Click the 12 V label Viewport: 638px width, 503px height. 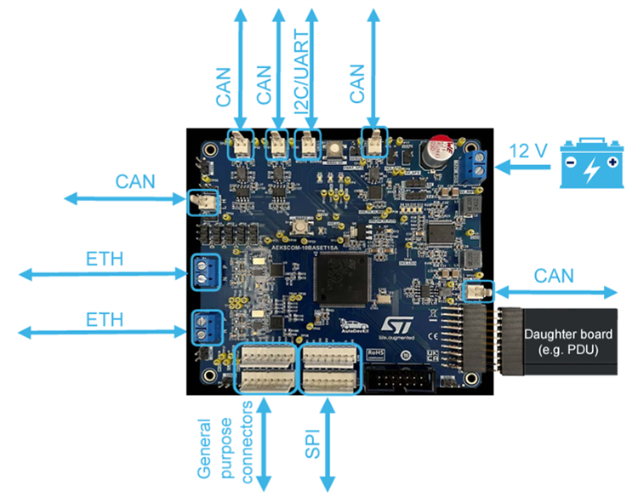click(x=529, y=151)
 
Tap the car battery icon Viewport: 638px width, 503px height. click(x=591, y=164)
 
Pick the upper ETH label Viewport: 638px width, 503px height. click(x=105, y=256)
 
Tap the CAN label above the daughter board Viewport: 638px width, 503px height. click(x=554, y=275)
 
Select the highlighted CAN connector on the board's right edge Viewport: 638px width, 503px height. click(x=477, y=292)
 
